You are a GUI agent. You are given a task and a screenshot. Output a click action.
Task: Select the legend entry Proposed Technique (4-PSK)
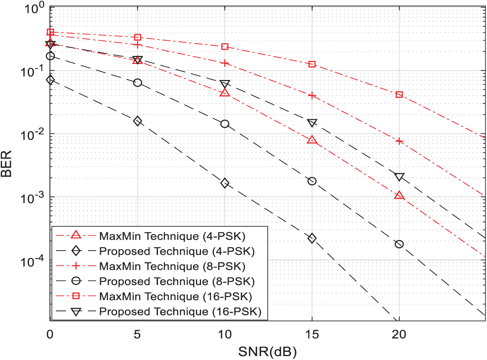[x=177, y=251]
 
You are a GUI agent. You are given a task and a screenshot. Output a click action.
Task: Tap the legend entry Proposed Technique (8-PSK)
[x=177, y=281]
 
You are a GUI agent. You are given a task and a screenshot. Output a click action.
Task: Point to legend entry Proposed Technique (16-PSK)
[x=179, y=311]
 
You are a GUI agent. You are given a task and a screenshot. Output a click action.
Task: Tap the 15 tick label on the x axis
[x=312, y=334]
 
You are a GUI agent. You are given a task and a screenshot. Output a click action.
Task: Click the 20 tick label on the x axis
[x=399, y=334]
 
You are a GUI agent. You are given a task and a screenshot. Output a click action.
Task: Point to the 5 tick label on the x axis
[x=137, y=334]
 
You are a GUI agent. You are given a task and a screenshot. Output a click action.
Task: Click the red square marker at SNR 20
[x=399, y=95]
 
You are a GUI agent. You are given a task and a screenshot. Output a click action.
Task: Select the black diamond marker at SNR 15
[x=312, y=238]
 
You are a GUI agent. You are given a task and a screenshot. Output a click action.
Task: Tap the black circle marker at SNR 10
[x=225, y=124]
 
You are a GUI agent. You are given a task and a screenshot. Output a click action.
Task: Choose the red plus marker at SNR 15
[x=312, y=95]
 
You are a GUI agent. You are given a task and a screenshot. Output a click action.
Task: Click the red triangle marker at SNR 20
[x=399, y=195]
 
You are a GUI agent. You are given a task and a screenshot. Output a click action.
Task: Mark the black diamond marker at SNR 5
[x=137, y=121]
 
